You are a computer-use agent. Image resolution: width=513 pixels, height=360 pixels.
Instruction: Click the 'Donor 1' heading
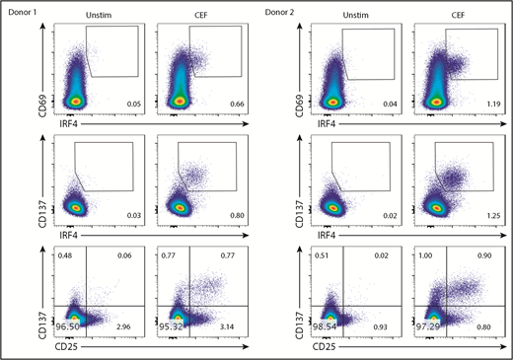[x=21, y=9]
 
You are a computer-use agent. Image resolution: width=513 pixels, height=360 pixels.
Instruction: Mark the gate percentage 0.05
[x=127, y=103]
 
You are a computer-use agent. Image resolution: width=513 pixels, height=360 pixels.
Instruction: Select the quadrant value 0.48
[x=66, y=255]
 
